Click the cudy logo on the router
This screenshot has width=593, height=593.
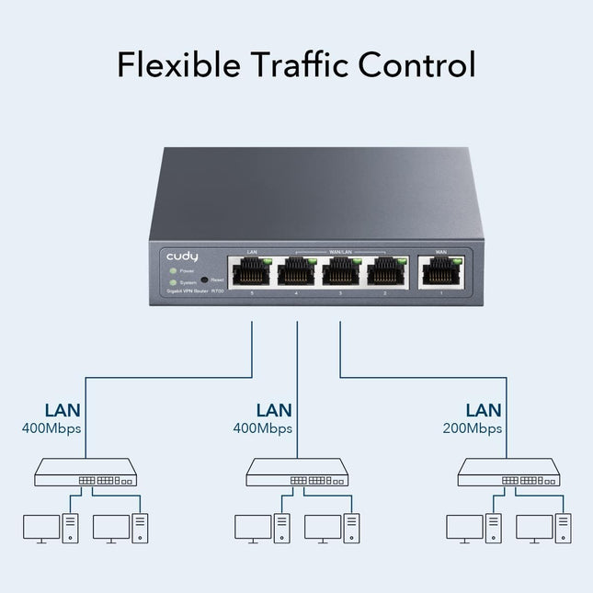(182, 257)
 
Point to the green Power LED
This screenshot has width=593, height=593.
(172, 271)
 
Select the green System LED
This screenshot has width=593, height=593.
(172, 281)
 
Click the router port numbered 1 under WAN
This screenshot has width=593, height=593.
(440, 271)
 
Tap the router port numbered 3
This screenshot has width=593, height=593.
(340, 271)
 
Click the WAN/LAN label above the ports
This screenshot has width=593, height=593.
(340, 249)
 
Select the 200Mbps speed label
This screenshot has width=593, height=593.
(471, 428)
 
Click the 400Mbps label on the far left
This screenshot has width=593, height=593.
(51, 428)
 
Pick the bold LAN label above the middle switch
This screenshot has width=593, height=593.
(274, 410)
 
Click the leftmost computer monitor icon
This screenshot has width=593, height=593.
(41, 527)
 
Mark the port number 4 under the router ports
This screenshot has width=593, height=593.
(296, 292)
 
